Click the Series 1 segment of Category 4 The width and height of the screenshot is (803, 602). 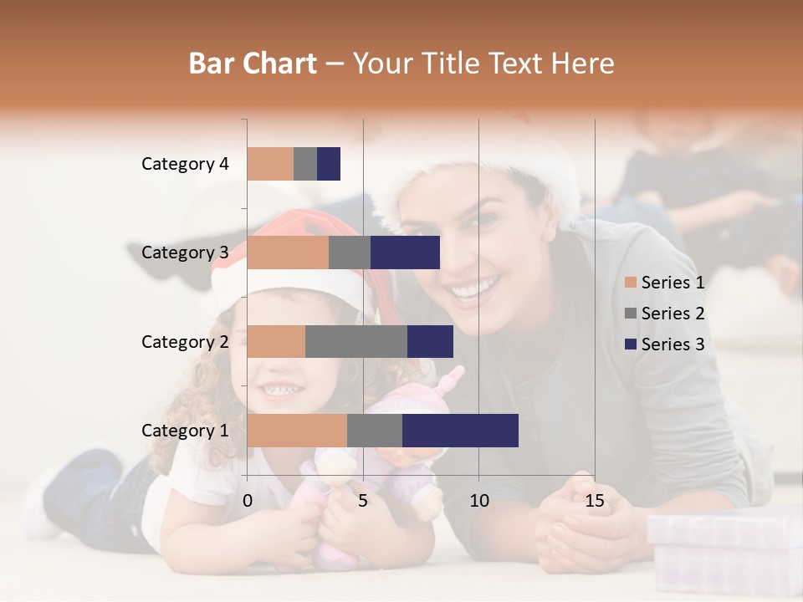point(270,164)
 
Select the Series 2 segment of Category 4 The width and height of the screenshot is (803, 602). point(305,164)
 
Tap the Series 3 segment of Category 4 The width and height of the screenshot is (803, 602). point(329,164)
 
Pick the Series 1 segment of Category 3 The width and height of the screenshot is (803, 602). point(288,253)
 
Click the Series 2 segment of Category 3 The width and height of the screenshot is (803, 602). point(350,253)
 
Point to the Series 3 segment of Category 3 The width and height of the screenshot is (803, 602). point(405,253)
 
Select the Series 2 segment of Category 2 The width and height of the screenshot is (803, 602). point(356,341)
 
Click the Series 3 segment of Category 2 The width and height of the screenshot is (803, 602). point(430,341)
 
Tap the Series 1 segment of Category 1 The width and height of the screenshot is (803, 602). point(297,431)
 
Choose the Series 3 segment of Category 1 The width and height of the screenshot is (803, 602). point(460,431)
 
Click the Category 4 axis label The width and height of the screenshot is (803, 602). point(185,164)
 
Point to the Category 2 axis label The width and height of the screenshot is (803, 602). point(185,342)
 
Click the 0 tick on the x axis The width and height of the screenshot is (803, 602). point(248,501)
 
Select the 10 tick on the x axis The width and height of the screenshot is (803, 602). point(478,501)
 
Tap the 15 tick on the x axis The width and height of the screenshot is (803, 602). point(595,501)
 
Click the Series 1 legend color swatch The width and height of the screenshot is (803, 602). point(631,283)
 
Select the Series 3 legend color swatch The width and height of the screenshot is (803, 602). point(631,344)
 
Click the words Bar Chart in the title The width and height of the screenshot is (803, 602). point(253,63)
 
